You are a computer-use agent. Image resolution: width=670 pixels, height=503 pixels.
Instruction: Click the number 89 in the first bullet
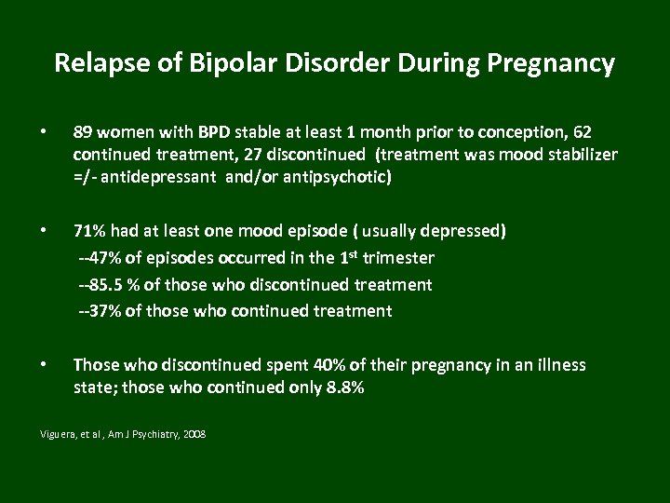(x=84, y=133)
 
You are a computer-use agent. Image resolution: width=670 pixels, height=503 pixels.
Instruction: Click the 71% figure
(x=89, y=230)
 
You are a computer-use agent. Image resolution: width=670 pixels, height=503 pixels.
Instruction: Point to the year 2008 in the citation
(x=195, y=435)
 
